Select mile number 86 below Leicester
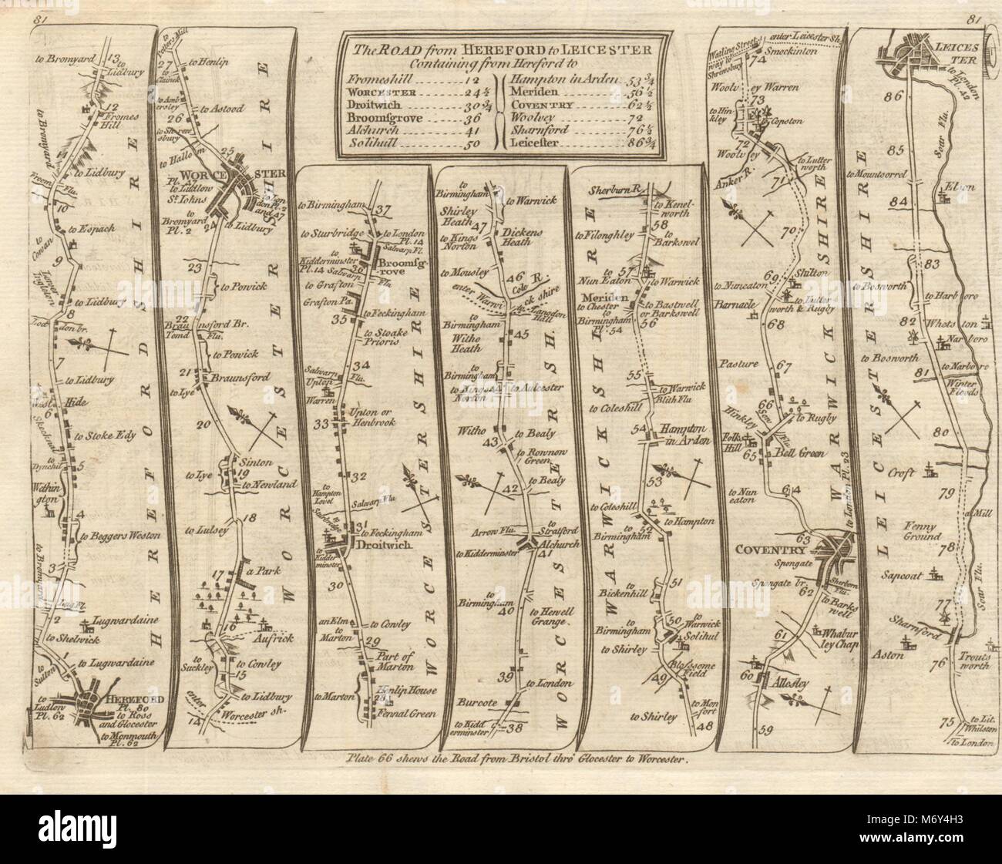[x=893, y=97]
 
